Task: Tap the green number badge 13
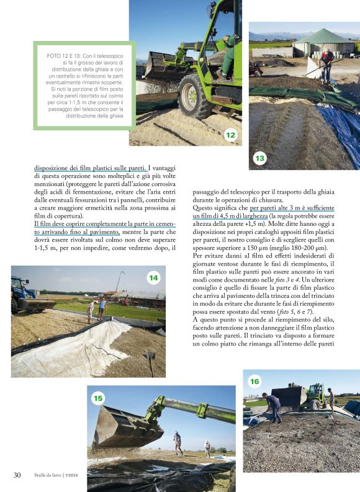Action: pyautogui.click(x=259, y=159)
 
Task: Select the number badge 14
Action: pyautogui.click(x=153, y=277)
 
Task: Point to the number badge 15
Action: pyautogui.click(x=98, y=398)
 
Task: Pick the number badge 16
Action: pyautogui.click(x=254, y=380)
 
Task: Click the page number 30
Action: pyautogui.click(x=17, y=475)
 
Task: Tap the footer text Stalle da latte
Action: pyautogui.click(x=49, y=476)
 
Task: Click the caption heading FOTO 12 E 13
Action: pyautogui.click(x=70, y=56)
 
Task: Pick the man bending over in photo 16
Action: pyautogui.click(x=272, y=406)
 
